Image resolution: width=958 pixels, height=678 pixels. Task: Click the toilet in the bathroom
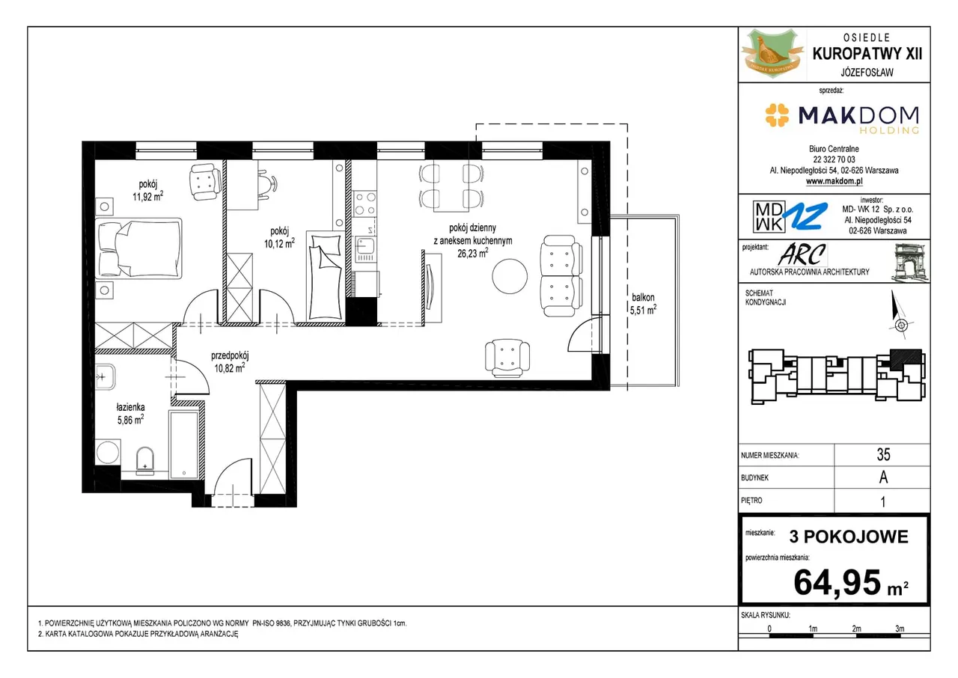145,461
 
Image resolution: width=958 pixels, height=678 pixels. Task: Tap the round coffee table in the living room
510,277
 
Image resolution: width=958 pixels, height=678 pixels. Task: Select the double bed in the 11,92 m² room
138,248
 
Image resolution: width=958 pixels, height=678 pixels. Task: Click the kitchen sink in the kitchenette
364,250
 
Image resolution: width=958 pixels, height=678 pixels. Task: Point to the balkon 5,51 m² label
642,304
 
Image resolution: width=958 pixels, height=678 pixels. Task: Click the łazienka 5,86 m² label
130,413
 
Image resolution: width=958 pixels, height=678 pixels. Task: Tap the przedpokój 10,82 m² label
230,361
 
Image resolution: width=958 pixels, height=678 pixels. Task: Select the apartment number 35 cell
883,454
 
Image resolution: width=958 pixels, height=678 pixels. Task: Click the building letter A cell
883,477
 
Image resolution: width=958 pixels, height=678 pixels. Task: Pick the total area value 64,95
837,582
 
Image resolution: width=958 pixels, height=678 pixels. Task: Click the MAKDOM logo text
858,115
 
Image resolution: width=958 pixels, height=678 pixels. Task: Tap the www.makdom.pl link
834,181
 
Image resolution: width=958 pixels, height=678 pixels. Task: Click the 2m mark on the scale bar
856,629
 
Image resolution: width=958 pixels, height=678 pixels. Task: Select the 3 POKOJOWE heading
849,537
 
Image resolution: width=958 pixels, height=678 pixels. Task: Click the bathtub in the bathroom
184,445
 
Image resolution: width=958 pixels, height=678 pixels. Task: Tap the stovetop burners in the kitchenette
364,204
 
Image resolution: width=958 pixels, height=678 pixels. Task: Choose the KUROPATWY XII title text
867,54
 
